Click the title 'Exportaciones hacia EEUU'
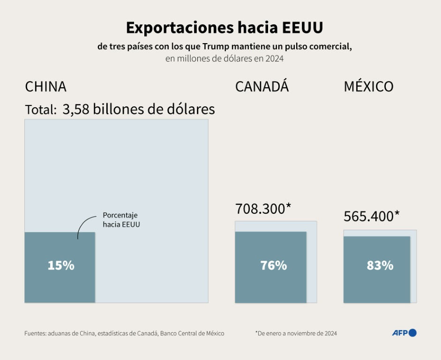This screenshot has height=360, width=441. (x=224, y=28)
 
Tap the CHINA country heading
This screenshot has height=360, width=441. (x=45, y=87)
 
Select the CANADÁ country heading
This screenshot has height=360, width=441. (x=262, y=87)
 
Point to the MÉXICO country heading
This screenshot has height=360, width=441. (x=368, y=87)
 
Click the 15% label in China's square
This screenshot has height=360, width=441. (x=61, y=265)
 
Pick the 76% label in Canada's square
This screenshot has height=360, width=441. (x=273, y=265)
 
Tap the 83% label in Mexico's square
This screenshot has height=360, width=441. (x=380, y=265)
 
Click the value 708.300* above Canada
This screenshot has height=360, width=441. (x=263, y=209)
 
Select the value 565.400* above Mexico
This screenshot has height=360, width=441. (x=372, y=216)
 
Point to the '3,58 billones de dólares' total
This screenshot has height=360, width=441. (x=139, y=109)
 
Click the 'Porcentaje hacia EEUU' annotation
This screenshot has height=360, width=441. (x=121, y=220)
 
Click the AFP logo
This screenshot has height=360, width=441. (x=404, y=333)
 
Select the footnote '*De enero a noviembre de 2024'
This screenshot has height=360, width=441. (x=296, y=333)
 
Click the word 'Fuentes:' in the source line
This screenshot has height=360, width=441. (x=36, y=333)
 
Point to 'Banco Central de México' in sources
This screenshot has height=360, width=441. (x=192, y=333)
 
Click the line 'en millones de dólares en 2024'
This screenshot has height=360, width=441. (x=224, y=59)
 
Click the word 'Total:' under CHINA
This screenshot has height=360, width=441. (x=40, y=110)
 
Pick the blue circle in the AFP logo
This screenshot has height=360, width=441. (x=412, y=333)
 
